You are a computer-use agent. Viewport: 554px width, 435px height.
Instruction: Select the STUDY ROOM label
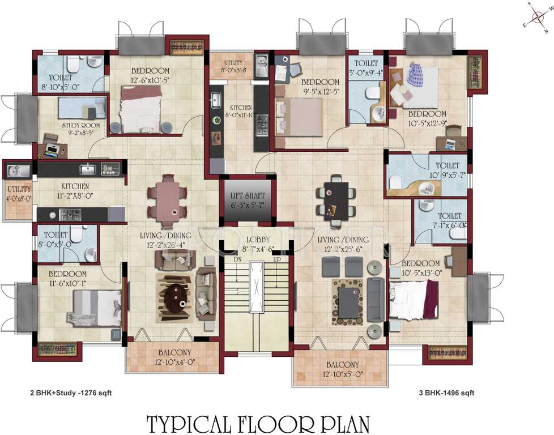click(81, 125)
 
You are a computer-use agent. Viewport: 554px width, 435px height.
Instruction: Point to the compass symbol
click(535, 18)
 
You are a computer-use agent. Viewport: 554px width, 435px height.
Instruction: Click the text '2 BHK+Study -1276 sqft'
click(67, 392)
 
